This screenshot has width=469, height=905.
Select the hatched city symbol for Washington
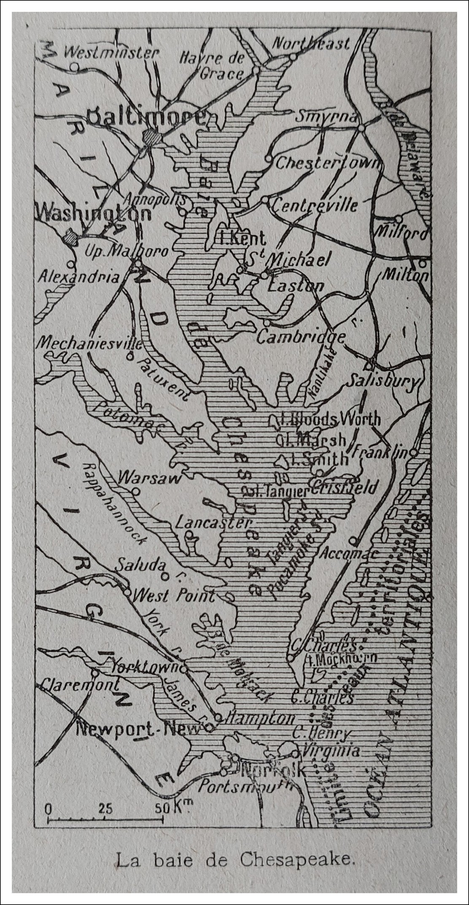point(70,237)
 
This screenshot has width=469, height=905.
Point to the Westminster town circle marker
point(74,66)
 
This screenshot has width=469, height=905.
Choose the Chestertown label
point(327,163)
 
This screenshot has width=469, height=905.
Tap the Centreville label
point(315,205)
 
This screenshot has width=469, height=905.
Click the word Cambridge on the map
point(301,337)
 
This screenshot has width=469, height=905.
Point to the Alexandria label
point(79,277)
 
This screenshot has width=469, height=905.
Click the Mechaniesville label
point(89,342)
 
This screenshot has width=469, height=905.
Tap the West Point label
point(173,596)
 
